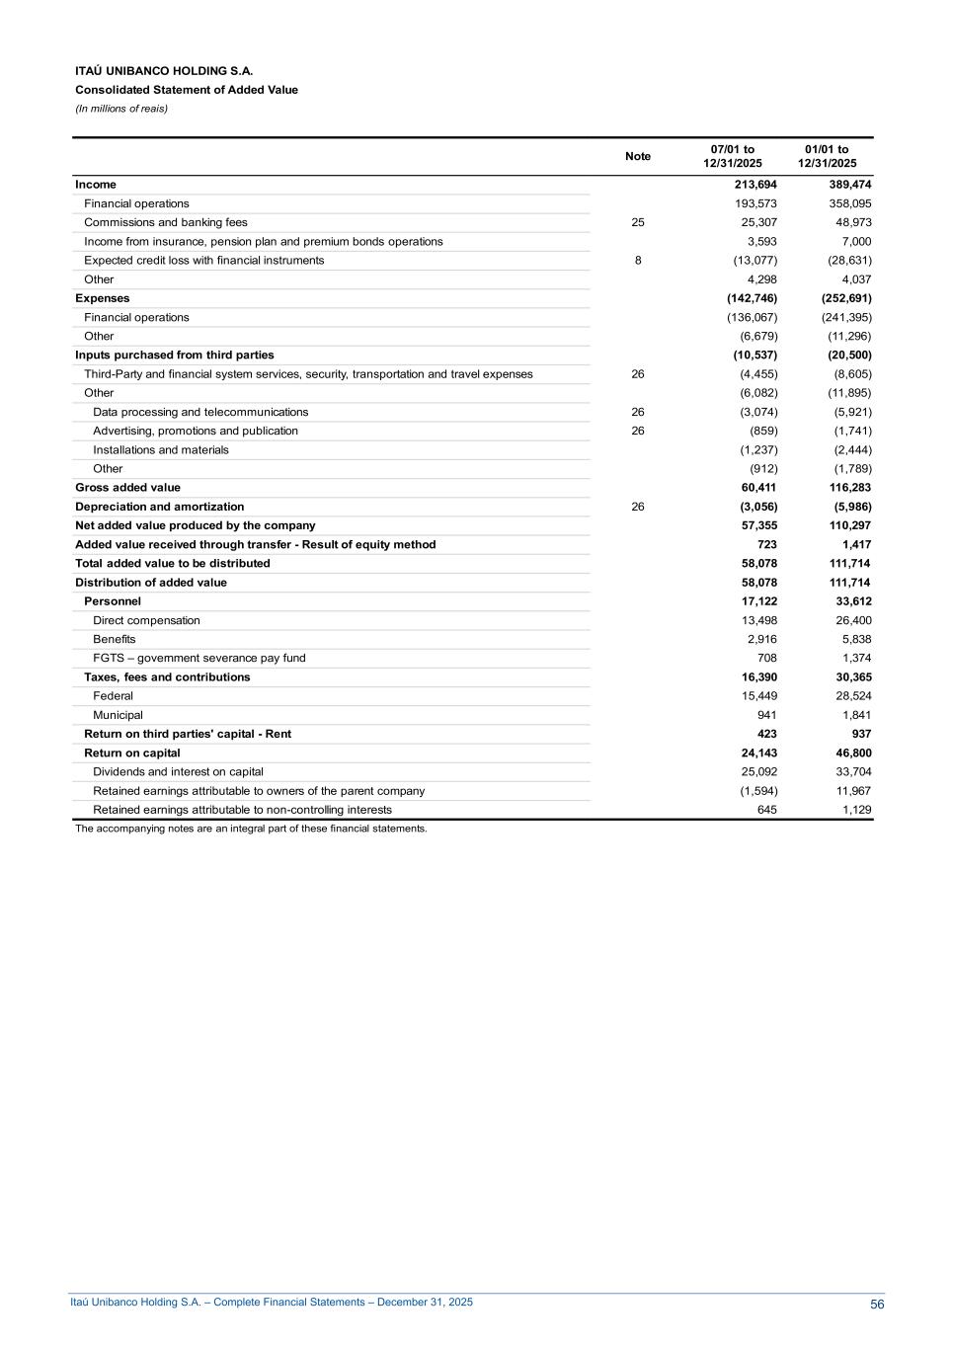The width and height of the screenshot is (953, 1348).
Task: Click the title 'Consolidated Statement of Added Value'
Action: (187, 90)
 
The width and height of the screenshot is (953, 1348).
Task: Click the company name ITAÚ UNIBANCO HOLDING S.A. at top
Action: (164, 71)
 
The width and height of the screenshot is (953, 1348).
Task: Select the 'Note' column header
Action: (638, 156)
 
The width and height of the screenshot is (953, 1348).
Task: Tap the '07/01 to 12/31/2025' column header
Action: (733, 156)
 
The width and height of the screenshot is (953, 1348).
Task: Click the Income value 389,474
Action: (850, 185)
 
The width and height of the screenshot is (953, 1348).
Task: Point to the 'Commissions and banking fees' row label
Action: (166, 222)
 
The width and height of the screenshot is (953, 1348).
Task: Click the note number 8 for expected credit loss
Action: (638, 261)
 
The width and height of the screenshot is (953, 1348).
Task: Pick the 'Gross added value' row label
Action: (128, 488)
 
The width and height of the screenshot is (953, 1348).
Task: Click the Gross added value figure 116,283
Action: (850, 488)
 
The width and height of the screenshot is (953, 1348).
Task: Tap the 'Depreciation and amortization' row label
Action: (160, 507)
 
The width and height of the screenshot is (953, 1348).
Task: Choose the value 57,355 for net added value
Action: (758, 525)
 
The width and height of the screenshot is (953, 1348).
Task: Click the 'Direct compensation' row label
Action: (146, 620)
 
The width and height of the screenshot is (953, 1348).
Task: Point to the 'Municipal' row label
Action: (118, 715)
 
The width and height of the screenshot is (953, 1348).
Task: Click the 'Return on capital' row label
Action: (132, 753)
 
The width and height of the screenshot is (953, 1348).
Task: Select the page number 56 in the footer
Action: (877, 1305)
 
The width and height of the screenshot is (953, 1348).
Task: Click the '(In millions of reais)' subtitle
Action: (121, 109)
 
